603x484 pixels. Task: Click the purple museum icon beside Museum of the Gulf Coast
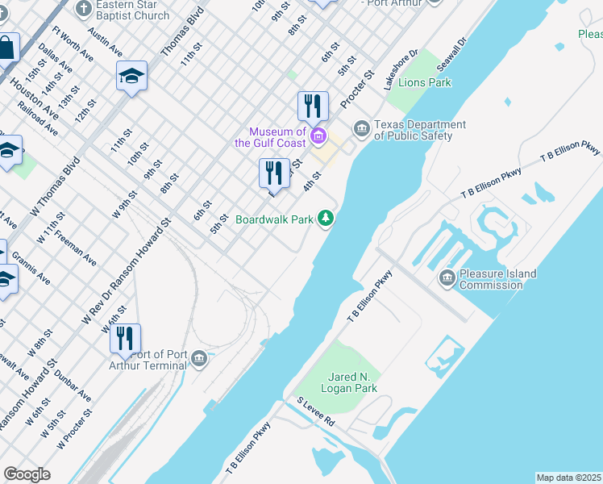point(318,136)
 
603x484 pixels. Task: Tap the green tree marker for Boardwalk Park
point(326,219)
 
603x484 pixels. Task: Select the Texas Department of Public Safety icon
point(360,128)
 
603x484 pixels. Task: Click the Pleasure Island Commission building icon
point(447,278)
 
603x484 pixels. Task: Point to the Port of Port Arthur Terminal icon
point(200,359)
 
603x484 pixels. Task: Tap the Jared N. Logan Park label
point(353,382)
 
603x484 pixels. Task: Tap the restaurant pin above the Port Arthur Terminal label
point(125,339)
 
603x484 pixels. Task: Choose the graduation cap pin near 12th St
point(131,77)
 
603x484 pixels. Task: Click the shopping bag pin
point(6,48)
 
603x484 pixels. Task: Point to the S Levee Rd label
point(315,412)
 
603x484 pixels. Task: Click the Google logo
point(27,474)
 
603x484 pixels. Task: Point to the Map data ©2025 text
point(568,478)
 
